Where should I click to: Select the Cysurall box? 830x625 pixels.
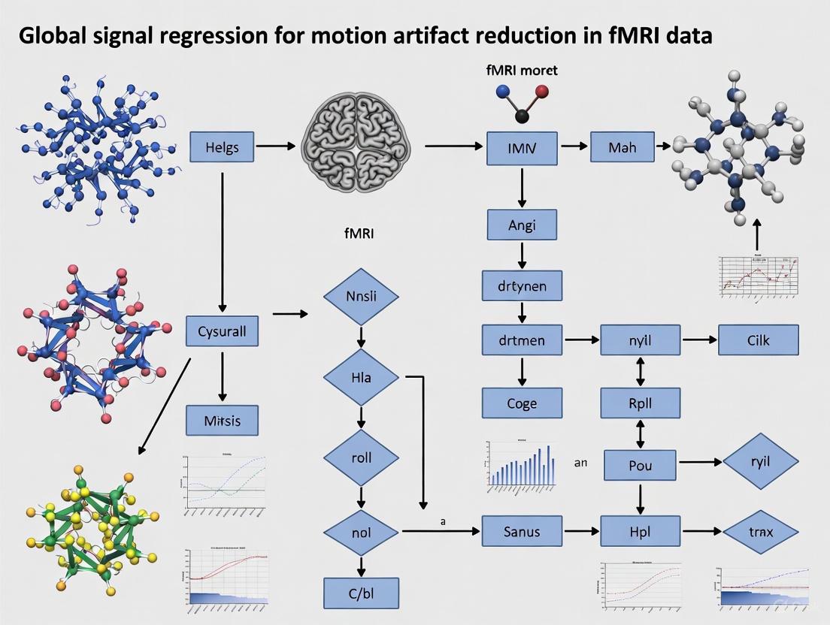(x=221, y=331)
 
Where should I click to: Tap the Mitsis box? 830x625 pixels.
(x=222, y=421)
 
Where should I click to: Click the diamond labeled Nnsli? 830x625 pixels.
(x=360, y=296)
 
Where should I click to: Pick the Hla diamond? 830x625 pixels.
(x=360, y=377)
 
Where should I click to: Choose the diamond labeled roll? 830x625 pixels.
(x=360, y=457)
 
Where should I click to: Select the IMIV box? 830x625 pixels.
(x=522, y=148)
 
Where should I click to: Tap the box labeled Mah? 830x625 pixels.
(x=622, y=147)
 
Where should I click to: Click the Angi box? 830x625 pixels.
(x=522, y=224)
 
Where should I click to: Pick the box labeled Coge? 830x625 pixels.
(x=522, y=403)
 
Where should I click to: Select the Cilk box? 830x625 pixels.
(x=758, y=340)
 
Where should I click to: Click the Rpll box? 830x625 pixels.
(x=640, y=403)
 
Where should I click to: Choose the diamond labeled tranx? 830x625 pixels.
(x=759, y=532)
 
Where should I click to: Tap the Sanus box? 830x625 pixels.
(x=522, y=532)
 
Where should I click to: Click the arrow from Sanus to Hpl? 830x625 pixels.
(x=581, y=532)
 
